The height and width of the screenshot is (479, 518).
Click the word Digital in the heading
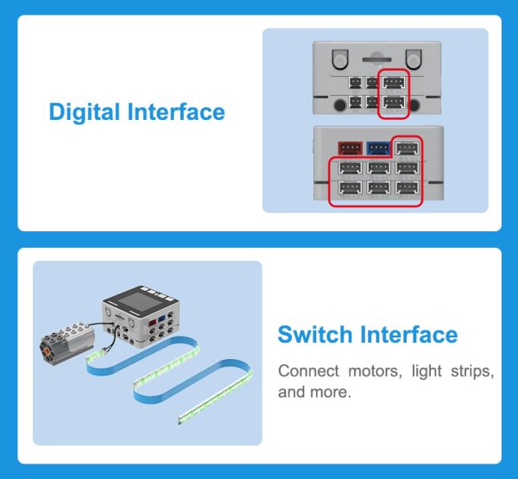click(85, 112)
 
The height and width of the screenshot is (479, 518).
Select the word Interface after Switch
click(409, 335)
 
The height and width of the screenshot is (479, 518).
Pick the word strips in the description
click(473, 372)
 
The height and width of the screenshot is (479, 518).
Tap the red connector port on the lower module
click(350, 148)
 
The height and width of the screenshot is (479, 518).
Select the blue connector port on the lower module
click(377, 148)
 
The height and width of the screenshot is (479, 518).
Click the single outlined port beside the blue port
click(406, 148)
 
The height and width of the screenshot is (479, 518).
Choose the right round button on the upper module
click(414, 58)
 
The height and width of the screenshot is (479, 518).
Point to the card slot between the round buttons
click(377, 60)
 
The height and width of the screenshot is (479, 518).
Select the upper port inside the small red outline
click(393, 83)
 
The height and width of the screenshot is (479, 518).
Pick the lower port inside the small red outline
click(393, 103)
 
